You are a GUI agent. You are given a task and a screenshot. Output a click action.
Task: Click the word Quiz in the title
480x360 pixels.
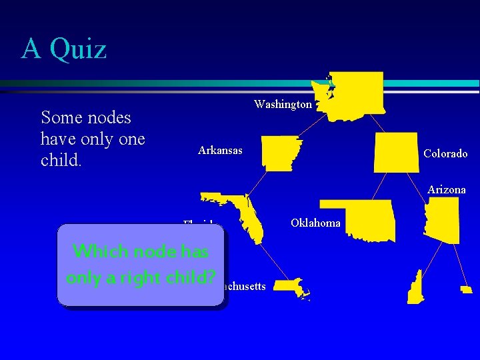pyautogui.click(x=78, y=49)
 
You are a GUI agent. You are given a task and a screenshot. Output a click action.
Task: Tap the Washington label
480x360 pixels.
pyautogui.click(x=283, y=105)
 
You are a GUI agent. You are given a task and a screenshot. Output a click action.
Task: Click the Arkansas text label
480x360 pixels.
pyautogui.click(x=220, y=151)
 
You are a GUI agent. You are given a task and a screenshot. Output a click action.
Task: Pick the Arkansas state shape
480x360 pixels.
pyautogui.click(x=281, y=153)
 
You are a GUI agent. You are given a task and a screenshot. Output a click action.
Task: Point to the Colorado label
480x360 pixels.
pyautogui.click(x=445, y=154)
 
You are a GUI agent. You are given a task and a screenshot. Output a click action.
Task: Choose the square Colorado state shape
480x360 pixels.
pyautogui.click(x=396, y=152)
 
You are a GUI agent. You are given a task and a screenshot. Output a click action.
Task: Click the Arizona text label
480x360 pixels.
pyautogui.click(x=447, y=190)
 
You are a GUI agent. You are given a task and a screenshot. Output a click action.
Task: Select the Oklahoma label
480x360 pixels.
pyautogui.click(x=315, y=223)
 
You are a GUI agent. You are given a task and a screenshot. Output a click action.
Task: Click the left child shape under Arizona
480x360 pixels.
pyautogui.click(x=415, y=287)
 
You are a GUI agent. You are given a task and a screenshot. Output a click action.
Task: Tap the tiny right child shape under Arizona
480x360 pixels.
pyautogui.click(x=467, y=289)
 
